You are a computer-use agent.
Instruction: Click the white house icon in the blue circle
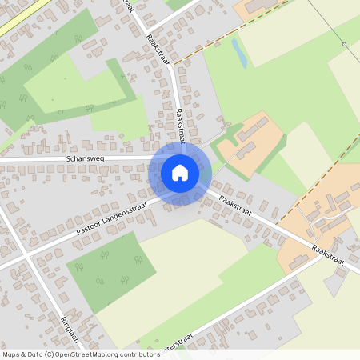pyautogui.click(x=180, y=172)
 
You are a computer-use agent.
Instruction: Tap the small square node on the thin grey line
pyautogui.click(x=344, y=45)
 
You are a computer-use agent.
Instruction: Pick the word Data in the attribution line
pyautogui.click(x=33, y=354)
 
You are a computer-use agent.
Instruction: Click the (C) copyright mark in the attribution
pyautogui.click(x=48, y=354)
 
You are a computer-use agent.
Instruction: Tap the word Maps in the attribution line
pyautogui.click(x=11, y=354)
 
